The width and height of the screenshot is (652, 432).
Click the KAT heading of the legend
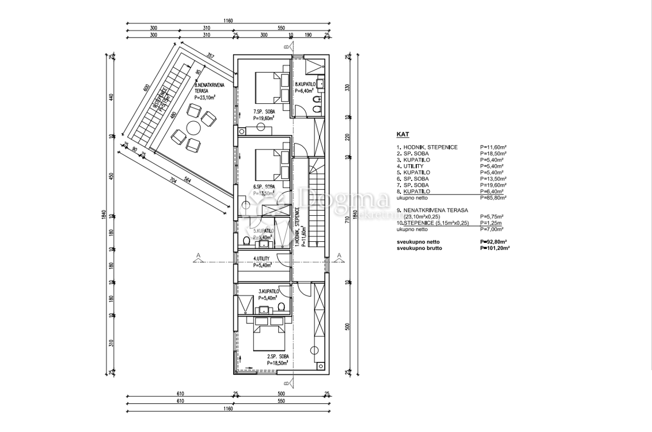pyautogui.click(x=403, y=134)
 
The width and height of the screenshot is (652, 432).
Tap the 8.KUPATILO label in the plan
pyautogui.click(x=305, y=85)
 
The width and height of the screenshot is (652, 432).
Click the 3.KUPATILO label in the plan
pyautogui.click(x=268, y=291)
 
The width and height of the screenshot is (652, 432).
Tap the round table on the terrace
pyautogui.click(x=194, y=128)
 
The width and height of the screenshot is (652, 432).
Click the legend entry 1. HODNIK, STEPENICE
pyautogui.click(x=427, y=147)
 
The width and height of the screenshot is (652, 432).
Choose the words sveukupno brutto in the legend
pyautogui.click(x=419, y=248)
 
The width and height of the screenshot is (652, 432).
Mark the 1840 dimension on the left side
pyautogui.click(x=103, y=215)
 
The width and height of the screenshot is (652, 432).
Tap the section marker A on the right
pyautogui.click(x=338, y=256)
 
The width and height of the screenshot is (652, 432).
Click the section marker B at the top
pyautogui.click(x=285, y=47)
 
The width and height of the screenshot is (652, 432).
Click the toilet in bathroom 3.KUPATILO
pyautogui.click(x=281, y=308)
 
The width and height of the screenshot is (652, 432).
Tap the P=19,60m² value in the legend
pyautogui.click(x=493, y=185)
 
